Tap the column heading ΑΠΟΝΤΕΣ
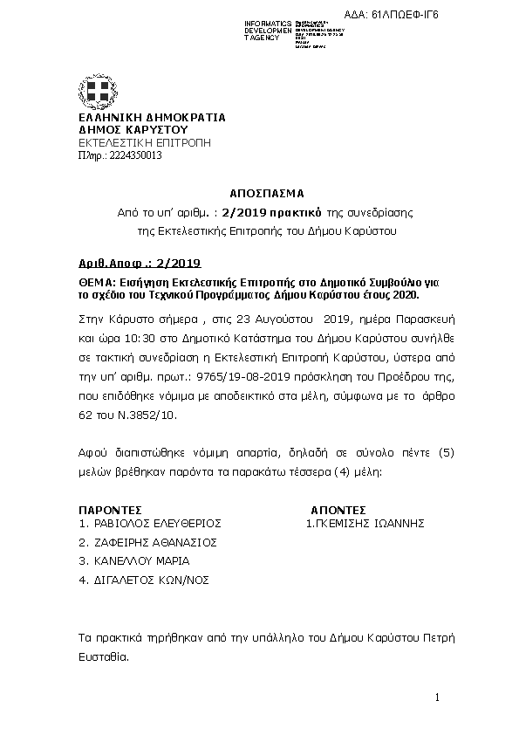point(338,510)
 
